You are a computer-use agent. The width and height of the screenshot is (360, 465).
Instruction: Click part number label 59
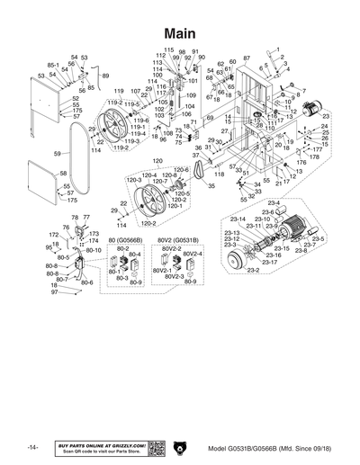pyautogui.click(x=56, y=154)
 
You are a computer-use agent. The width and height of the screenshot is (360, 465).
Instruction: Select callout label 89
pyautogui.click(x=105, y=76)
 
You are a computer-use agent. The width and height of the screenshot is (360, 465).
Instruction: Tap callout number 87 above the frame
pyautogui.click(x=247, y=58)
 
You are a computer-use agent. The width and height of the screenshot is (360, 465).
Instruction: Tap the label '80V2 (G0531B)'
pyautogui.click(x=178, y=241)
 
